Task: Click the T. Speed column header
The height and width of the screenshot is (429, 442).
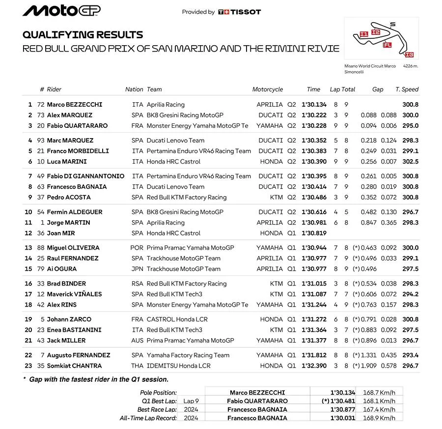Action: coord(407,89)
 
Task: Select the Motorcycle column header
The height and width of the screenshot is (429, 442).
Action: coord(267,89)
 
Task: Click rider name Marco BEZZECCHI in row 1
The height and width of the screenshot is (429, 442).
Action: coord(75,105)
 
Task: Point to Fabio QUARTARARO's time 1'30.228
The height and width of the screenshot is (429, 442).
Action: coord(314,126)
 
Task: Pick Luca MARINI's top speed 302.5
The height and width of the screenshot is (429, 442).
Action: coord(410,162)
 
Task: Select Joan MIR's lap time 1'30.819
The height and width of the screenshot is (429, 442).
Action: coord(314,233)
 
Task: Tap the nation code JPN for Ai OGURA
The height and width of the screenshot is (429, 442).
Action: coord(137,269)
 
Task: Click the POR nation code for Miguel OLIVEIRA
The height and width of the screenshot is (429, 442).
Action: coord(137,248)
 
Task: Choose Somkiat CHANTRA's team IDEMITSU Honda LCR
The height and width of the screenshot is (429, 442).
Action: coord(178,366)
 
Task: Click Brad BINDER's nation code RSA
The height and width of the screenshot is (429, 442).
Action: coord(137,284)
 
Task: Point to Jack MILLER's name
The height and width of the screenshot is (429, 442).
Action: coord(66,341)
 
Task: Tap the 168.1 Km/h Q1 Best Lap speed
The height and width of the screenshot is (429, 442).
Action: coord(379,401)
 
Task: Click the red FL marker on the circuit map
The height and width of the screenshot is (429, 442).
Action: coord(387,45)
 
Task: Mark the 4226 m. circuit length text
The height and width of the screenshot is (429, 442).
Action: coord(411,66)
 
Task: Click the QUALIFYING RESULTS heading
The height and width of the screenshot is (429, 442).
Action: coord(83,35)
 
